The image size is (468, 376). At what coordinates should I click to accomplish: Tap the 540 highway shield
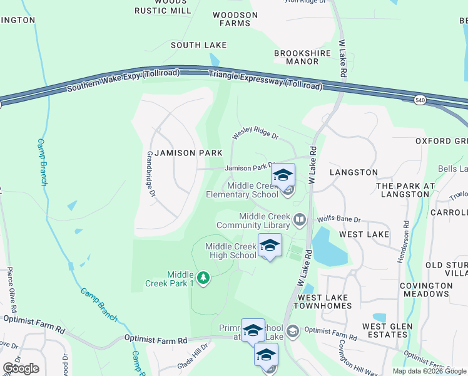pos(420,100)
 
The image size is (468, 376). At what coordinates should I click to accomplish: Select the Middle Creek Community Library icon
pos(300,219)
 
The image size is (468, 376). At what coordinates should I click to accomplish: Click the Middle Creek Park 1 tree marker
pos(202,277)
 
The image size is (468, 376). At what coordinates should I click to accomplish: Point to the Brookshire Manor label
pos(297,57)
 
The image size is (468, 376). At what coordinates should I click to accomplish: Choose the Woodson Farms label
pos(235,19)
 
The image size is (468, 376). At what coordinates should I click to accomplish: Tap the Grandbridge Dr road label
pos(150,174)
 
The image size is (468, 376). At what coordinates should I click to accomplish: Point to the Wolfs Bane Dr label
pos(338,219)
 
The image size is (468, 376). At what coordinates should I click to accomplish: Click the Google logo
pos(21,368)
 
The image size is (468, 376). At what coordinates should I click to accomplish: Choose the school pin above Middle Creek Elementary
pos(283,175)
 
